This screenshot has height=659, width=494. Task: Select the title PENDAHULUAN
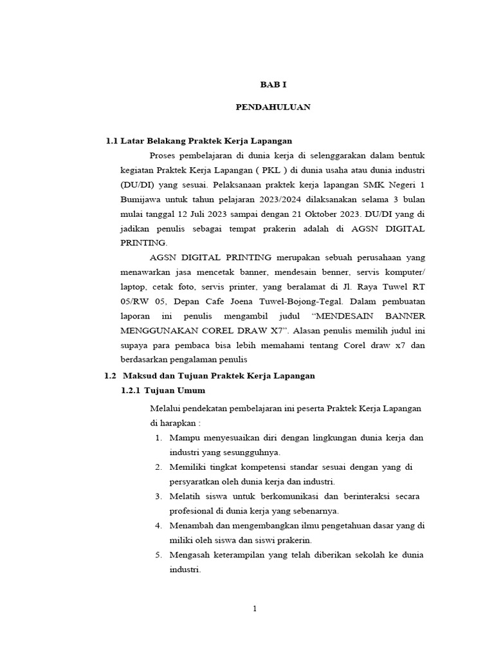point(273,107)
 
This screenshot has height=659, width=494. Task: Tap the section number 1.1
point(113,141)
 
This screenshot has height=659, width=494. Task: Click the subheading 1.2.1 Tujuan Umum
point(163,390)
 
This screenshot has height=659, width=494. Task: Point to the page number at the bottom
point(255,609)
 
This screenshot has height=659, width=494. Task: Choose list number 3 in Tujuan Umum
point(158,496)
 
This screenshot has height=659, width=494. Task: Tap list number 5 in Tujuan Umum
point(158,555)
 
